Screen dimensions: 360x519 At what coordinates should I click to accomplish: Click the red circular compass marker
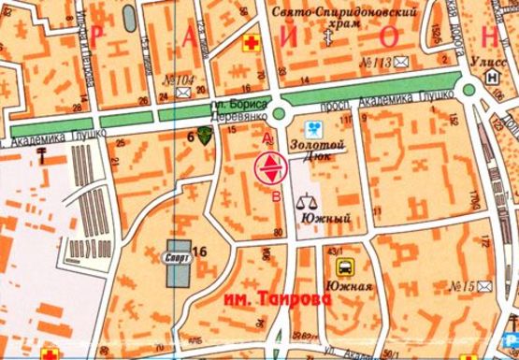point(269,169)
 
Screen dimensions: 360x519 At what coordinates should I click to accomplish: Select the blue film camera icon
point(315,128)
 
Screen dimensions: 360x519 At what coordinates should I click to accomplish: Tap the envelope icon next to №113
point(401,63)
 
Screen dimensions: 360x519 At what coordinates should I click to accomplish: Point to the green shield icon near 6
point(205,136)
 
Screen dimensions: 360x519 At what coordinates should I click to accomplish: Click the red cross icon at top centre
point(250,43)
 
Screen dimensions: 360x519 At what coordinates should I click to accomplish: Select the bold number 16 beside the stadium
point(198,249)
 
